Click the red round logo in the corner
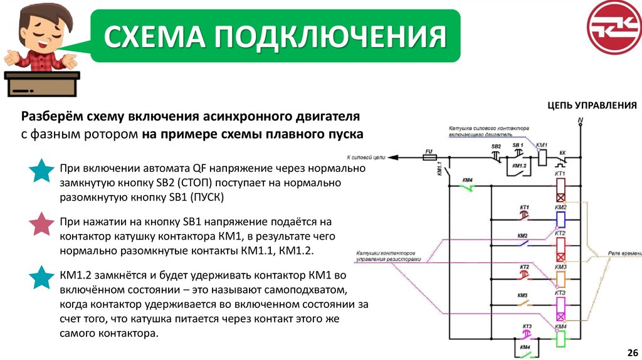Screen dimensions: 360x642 coord(614,27)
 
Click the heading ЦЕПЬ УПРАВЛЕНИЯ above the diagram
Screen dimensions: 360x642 coord(592,105)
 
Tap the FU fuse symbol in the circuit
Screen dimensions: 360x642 coord(430,158)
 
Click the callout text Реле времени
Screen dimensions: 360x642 coord(624,252)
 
